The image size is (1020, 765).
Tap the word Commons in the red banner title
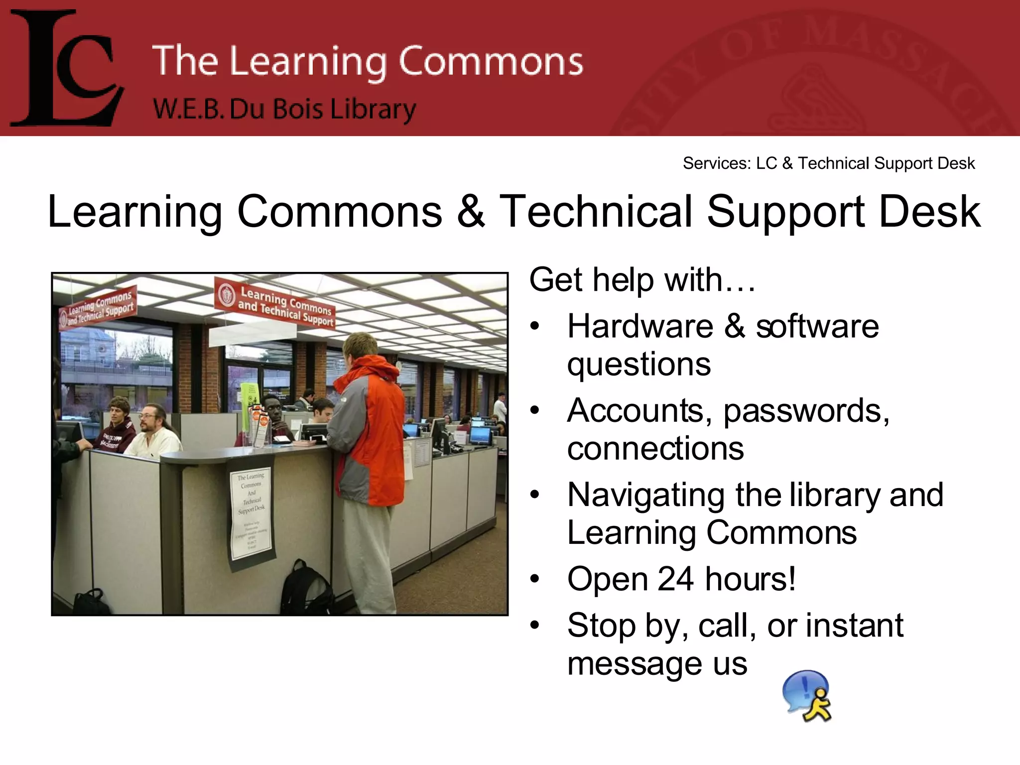pos(491,62)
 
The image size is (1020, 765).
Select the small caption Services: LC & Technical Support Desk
pos(828,163)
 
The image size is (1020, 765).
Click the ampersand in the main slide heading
pos(471,212)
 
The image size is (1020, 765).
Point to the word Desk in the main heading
pos(929,212)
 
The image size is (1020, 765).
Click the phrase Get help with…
pos(642,280)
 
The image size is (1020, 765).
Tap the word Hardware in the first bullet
pos(640,327)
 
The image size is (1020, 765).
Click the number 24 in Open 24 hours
pos(675,579)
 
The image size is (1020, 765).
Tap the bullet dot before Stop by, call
pos(535,625)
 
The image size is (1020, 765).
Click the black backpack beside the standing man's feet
pos(304,589)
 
